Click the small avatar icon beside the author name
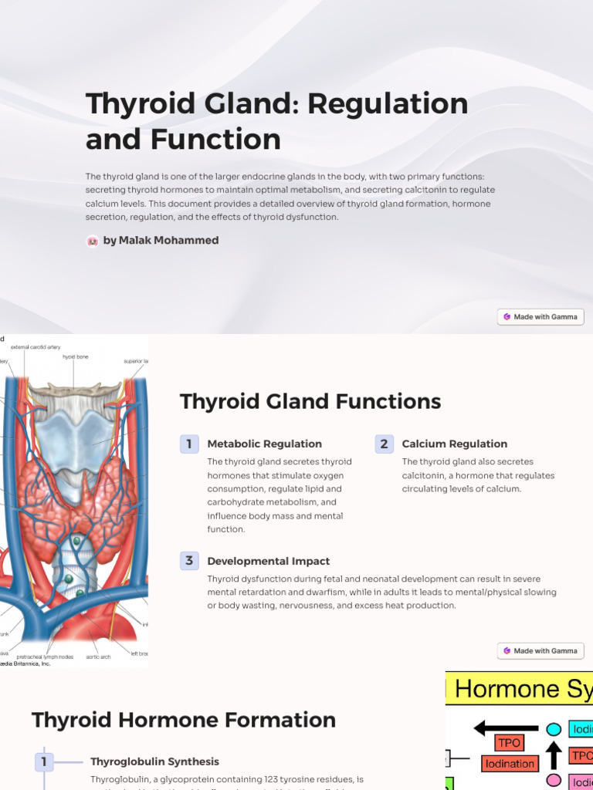pos(93,241)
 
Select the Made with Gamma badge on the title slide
pos(540,316)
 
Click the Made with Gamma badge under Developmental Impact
pos(540,650)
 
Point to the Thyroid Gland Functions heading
pos(310,401)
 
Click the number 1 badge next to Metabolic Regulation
pos(189,444)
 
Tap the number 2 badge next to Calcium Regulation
pos(384,444)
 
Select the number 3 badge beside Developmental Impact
pos(189,561)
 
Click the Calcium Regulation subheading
pos(455,444)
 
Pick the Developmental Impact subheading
pos(269,561)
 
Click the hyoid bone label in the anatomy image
pos(75,357)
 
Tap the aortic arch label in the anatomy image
pos(98,657)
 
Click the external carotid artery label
pos(36,347)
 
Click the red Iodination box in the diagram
pos(510,764)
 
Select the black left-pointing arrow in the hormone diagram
pos(506,728)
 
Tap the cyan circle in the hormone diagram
pos(554,729)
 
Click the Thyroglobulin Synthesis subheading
pos(154,761)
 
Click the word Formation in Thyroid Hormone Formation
pos(280,720)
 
